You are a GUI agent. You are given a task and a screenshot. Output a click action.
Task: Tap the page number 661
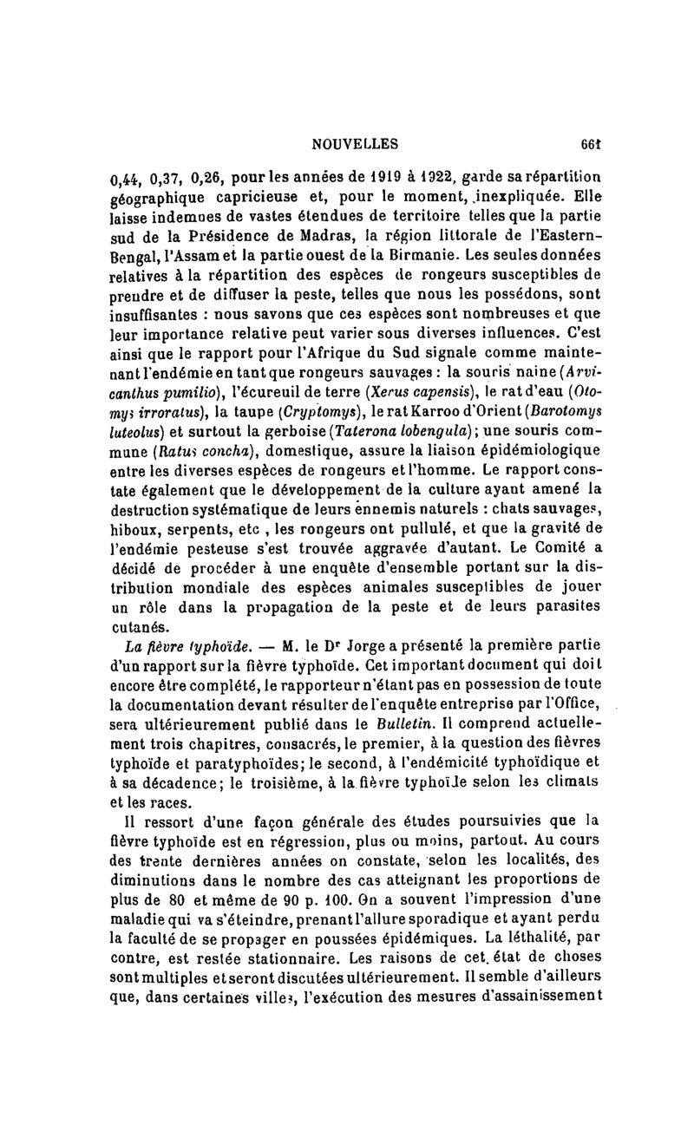[593, 144]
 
